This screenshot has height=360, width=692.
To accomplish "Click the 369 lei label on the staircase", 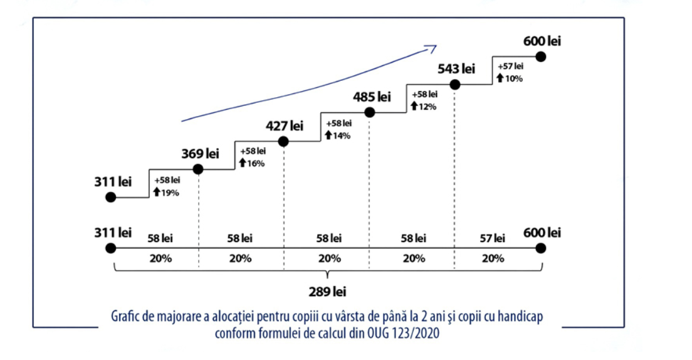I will pos(200,154).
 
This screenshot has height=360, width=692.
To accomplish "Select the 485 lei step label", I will pos(372,97).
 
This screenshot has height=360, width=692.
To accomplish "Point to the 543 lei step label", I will pos(456,68).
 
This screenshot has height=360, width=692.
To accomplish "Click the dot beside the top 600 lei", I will pos(541,56).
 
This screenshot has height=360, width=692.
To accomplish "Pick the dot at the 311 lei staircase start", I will pos(111,197).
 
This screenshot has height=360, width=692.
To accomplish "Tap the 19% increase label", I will pos(167,193).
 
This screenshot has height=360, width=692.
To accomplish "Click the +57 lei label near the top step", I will pos(510,66).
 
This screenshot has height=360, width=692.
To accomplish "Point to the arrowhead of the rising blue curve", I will pos(432,47).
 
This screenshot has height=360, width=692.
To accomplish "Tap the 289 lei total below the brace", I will pos(327,292).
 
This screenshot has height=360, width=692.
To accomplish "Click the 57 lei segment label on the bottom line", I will pos(492,238).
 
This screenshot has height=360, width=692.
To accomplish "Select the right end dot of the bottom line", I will pos(541,248).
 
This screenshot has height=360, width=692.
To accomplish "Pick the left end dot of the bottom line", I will pos(111,248).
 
